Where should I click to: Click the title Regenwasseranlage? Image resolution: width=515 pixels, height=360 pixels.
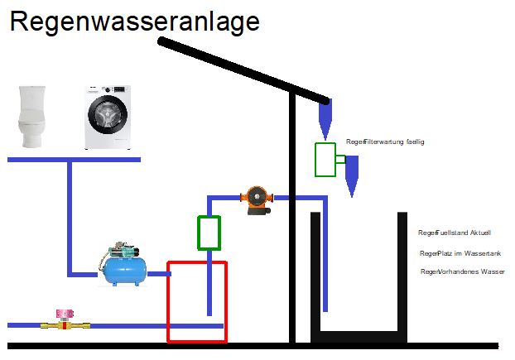pos(134,22)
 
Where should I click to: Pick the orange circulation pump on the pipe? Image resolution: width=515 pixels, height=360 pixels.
pos(257,199)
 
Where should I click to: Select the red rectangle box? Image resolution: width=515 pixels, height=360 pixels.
pos(196,302)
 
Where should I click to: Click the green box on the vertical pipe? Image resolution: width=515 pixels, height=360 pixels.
pos(209,233)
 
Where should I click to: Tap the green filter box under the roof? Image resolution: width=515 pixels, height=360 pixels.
pos(325,159)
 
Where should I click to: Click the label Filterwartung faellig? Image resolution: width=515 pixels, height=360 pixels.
pos(386,142)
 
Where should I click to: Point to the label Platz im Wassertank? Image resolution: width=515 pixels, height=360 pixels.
pos(460,253)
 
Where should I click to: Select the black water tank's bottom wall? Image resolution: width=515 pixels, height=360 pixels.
pos(359,336)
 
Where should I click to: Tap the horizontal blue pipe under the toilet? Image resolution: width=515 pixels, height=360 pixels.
pos(74,159)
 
